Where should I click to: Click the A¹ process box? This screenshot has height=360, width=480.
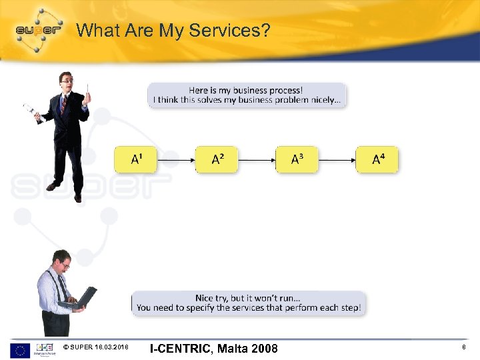[135, 159]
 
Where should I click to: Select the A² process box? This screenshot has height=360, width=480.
[217, 159]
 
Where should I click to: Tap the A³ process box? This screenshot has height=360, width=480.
[297, 159]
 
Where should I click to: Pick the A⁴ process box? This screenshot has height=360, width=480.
[377, 159]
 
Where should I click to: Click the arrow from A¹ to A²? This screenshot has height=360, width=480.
[176, 160]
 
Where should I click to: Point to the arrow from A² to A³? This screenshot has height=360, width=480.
[257, 160]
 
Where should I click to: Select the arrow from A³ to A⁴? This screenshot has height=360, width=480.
[337, 160]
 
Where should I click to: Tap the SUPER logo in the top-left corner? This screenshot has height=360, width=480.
[37, 30]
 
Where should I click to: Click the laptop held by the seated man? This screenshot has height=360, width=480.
[79, 299]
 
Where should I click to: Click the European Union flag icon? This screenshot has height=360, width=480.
[19, 349]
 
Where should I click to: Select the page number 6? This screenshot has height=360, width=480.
[463, 348]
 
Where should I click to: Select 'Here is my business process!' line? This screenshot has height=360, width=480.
[245, 90]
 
